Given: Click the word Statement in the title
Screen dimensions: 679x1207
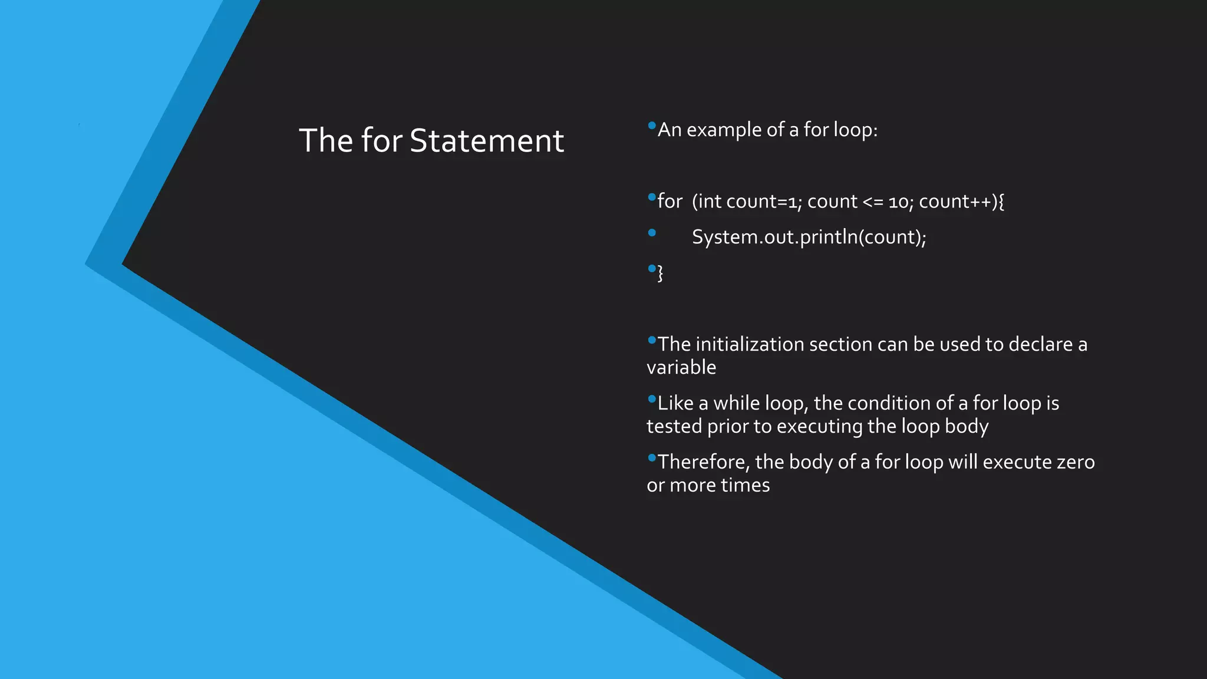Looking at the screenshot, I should [487, 141].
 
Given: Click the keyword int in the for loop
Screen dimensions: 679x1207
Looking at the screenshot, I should [709, 202].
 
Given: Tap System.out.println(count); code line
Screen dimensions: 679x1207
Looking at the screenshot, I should [809, 237].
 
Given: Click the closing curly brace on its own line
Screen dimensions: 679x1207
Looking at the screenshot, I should [660, 273].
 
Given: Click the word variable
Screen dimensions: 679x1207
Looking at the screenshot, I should [681, 368].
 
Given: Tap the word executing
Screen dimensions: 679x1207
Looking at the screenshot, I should [820, 427].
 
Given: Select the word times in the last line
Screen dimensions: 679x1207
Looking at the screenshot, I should [745, 486].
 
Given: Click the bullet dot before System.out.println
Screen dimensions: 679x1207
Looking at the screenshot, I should [651, 233].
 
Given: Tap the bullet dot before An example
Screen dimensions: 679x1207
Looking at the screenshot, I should [651, 126].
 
